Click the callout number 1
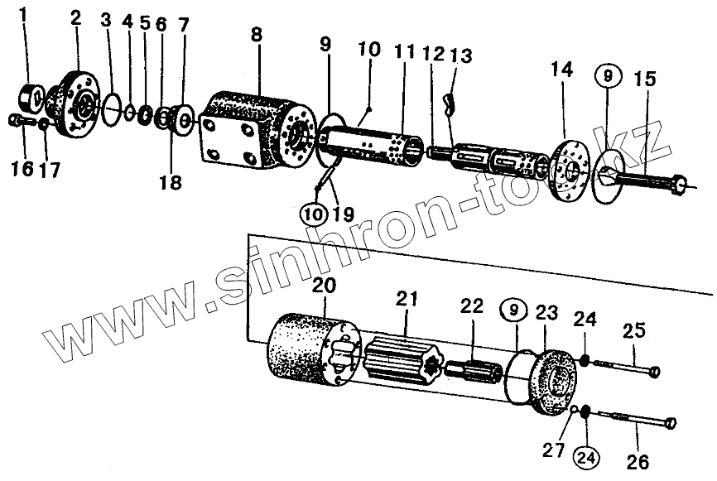click(25, 15)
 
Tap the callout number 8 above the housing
click(257, 37)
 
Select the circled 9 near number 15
click(609, 76)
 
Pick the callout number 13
click(461, 55)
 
